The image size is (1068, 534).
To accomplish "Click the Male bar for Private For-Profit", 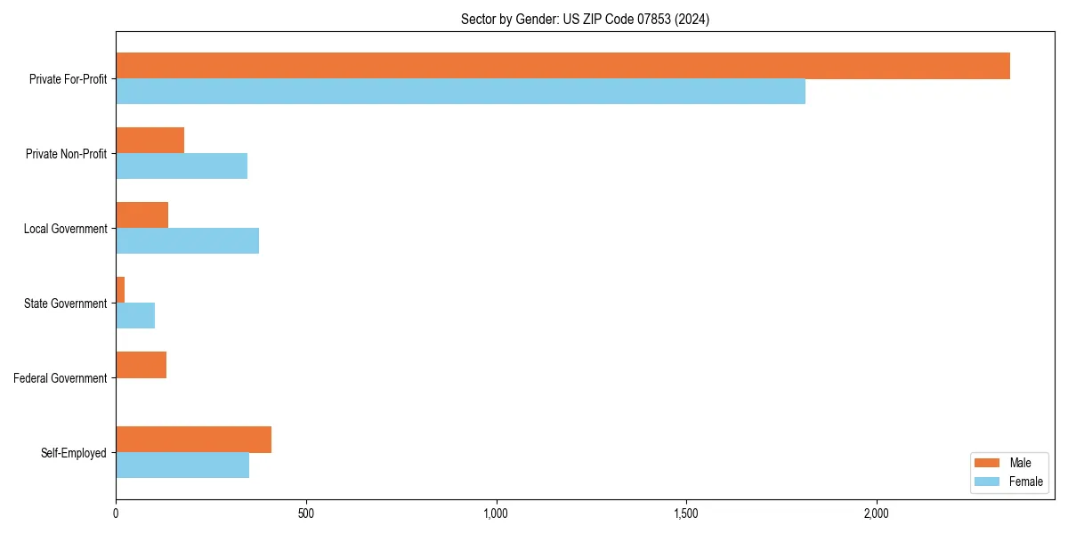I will click(x=562, y=66).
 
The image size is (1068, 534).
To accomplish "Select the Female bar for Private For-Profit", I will click(x=460, y=92).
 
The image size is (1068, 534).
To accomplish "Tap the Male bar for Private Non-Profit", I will click(x=150, y=141).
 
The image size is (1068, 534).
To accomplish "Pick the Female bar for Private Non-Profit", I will click(x=182, y=166).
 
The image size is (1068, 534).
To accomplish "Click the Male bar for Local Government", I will click(x=142, y=215).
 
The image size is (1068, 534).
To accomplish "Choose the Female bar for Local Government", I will click(x=187, y=241).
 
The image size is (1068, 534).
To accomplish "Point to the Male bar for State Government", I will click(x=120, y=290).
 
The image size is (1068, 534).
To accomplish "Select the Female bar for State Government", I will click(x=135, y=316).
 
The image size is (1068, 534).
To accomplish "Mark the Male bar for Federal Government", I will click(x=141, y=365).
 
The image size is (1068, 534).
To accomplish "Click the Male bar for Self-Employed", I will click(x=193, y=440).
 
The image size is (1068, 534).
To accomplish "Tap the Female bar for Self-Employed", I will click(x=182, y=465).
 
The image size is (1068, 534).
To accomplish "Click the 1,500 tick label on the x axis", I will click(x=686, y=514).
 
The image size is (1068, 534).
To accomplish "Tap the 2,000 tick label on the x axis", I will click(x=877, y=514).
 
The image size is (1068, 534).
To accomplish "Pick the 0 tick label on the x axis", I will click(x=116, y=514).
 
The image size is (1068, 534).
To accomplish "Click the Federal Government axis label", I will click(x=61, y=378).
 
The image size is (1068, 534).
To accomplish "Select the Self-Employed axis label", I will click(x=74, y=453).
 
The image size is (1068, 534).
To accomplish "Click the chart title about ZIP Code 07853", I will click(x=585, y=19).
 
